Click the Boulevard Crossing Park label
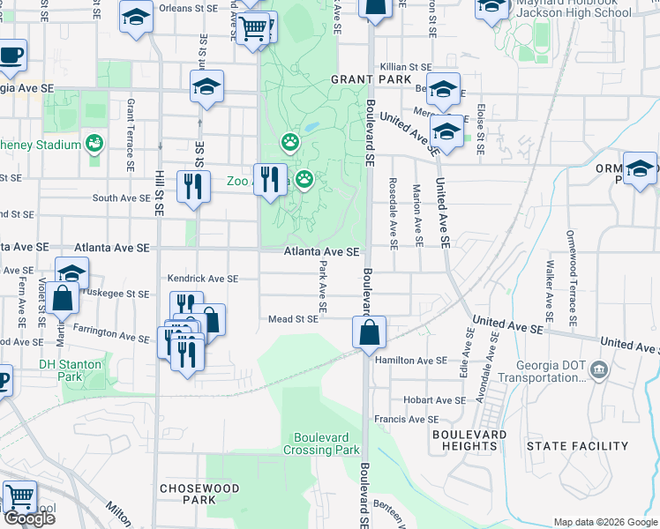[321, 443]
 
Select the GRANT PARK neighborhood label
[371, 80]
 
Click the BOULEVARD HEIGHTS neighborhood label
[469, 440]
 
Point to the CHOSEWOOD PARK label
[187, 493]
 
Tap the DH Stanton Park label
[70, 370]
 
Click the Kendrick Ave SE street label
[203, 279]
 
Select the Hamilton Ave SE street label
[410, 361]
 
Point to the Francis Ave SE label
[406, 420]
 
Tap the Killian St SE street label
[406, 67]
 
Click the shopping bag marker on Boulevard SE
[369, 332]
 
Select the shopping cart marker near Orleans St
[254, 29]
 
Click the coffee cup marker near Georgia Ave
[11, 56]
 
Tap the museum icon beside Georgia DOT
[599, 368]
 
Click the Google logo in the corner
[29, 518]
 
